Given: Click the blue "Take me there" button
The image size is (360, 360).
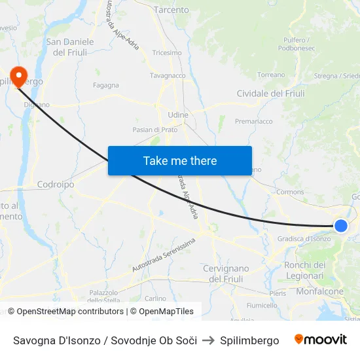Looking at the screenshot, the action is [180, 160].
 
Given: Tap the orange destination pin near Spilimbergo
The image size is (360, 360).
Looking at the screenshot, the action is [18, 77].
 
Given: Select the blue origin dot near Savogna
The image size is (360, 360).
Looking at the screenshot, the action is [340, 226].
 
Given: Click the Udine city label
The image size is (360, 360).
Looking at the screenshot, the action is [178, 115].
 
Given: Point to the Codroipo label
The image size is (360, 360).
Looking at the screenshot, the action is [56, 185].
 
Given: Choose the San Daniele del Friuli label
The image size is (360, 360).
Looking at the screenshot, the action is [70, 47].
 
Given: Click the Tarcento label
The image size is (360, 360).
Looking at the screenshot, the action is [171, 10].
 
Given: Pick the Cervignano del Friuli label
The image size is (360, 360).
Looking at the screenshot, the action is [226, 274].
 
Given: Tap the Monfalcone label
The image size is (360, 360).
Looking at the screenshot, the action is [320, 292].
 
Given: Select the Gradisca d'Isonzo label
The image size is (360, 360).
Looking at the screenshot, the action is [304, 239].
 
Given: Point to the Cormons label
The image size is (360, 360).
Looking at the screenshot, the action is [290, 192].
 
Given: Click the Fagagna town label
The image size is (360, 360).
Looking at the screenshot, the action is [106, 85].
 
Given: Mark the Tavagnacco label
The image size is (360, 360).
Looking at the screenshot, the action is [168, 76].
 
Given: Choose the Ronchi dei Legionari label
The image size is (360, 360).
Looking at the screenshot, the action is [305, 270].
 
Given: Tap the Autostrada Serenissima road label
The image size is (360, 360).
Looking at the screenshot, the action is [164, 255].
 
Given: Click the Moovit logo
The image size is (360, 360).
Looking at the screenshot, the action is [320, 340].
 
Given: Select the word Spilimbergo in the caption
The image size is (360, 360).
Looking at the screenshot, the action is [249, 340].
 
